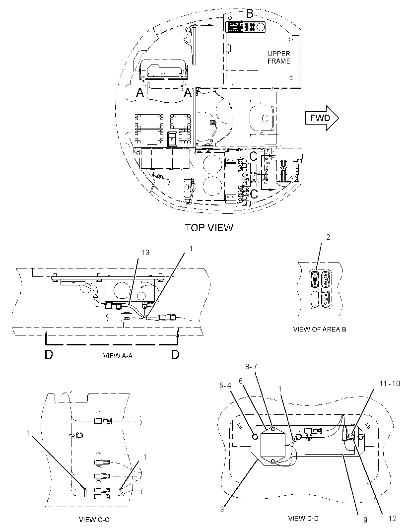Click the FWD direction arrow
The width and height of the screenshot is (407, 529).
click(x=322, y=118)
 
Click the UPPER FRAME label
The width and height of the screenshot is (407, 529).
click(x=279, y=58)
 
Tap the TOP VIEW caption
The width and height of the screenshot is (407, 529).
click(x=209, y=228)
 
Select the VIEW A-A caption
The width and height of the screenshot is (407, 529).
click(x=118, y=356)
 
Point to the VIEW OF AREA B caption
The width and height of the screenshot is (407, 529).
click(x=319, y=330)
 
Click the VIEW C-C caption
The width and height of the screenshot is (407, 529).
click(x=94, y=520)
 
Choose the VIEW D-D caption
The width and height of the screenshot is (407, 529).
click(x=303, y=518)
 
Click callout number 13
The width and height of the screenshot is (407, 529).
click(x=145, y=253)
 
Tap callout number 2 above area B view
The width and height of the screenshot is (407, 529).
click(x=328, y=237)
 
